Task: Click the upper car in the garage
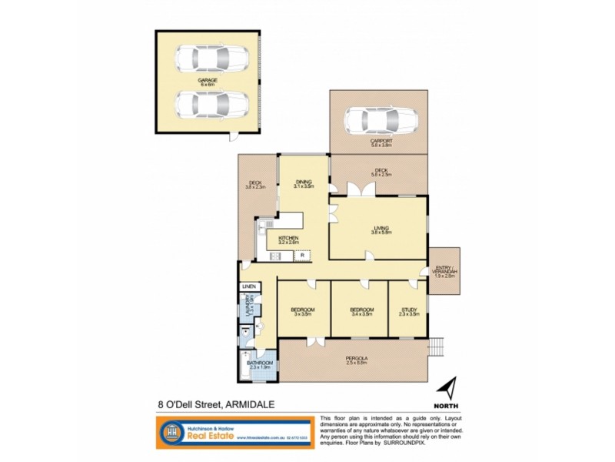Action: click(211, 58)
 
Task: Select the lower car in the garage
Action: click(211, 104)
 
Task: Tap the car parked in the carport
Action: click(381, 120)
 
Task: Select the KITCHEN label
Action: click(288, 239)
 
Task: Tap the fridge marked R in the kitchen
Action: click(303, 254)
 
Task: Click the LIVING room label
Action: click(381, 228)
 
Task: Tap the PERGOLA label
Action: click(356, 359)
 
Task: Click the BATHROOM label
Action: click(261, 363)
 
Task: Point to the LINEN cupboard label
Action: click(248, 287)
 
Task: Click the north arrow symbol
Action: click(450, 387)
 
